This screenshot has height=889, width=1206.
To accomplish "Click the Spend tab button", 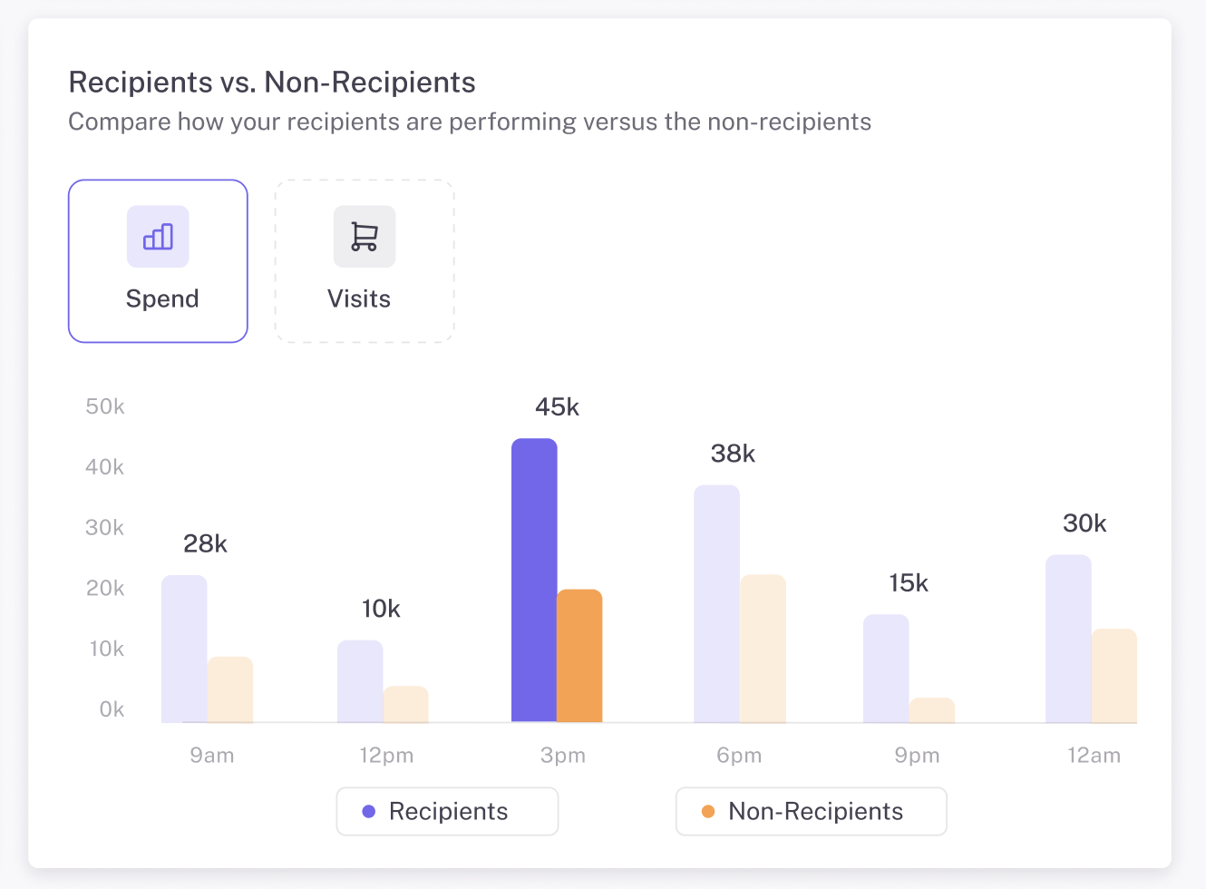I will pos(158,261).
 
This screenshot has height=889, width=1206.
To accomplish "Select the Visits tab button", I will pos(364,261).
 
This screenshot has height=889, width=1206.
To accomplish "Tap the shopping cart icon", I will pos(364,237).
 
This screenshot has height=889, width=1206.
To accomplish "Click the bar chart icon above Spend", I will pos(158,237).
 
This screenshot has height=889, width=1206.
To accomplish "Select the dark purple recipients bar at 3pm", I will pos(534,581).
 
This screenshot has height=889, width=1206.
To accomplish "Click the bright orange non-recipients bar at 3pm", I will pos(579,656).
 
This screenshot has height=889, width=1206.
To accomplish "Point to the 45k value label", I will pos(557,407).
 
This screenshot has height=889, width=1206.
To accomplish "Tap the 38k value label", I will pos(733,454).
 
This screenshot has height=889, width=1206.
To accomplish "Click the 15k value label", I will pos(908,583).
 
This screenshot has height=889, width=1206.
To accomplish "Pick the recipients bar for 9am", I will pos(184,649).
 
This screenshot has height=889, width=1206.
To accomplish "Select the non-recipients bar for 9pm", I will pos(931,710).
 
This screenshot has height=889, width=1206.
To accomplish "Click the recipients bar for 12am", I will pos(1068,639).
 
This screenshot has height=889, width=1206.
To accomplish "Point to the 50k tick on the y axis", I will pos(105,406).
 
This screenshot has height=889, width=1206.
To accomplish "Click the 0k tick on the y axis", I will pos(112,709).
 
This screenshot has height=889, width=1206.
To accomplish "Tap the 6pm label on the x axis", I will pos(739,756).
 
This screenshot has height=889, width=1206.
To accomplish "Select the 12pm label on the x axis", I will pos(386,756).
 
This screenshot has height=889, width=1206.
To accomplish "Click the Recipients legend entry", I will pos(447,811).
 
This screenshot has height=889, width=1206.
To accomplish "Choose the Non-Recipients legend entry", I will pos(811,811).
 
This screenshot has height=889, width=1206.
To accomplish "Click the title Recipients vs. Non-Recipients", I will pos(272,83).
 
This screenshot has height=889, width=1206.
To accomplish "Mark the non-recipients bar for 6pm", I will pos(763,649).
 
